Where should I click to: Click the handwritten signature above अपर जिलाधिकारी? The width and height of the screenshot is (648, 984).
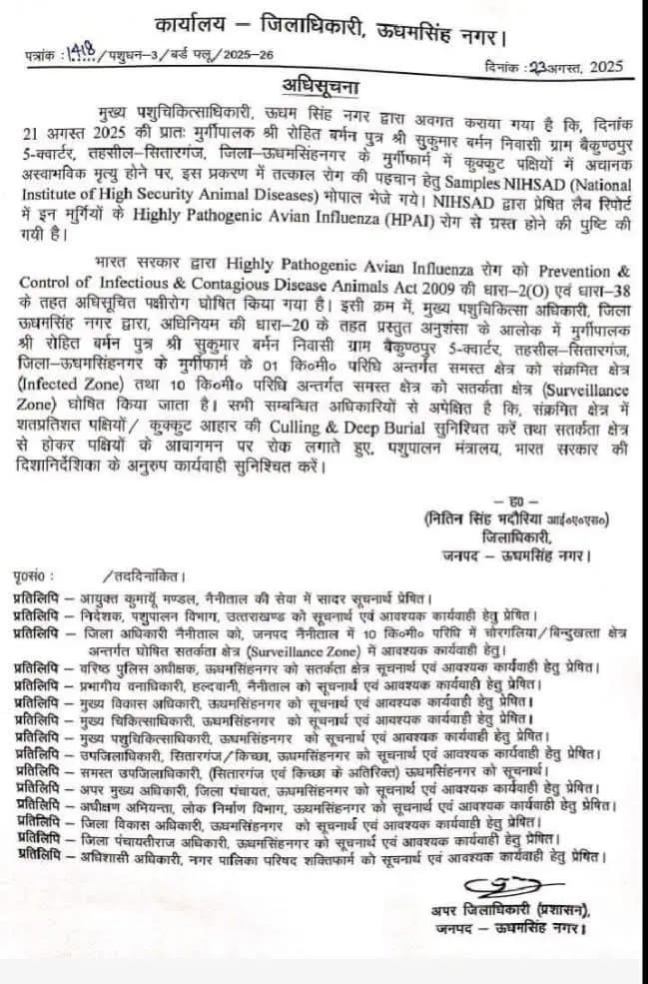[506, 887]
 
